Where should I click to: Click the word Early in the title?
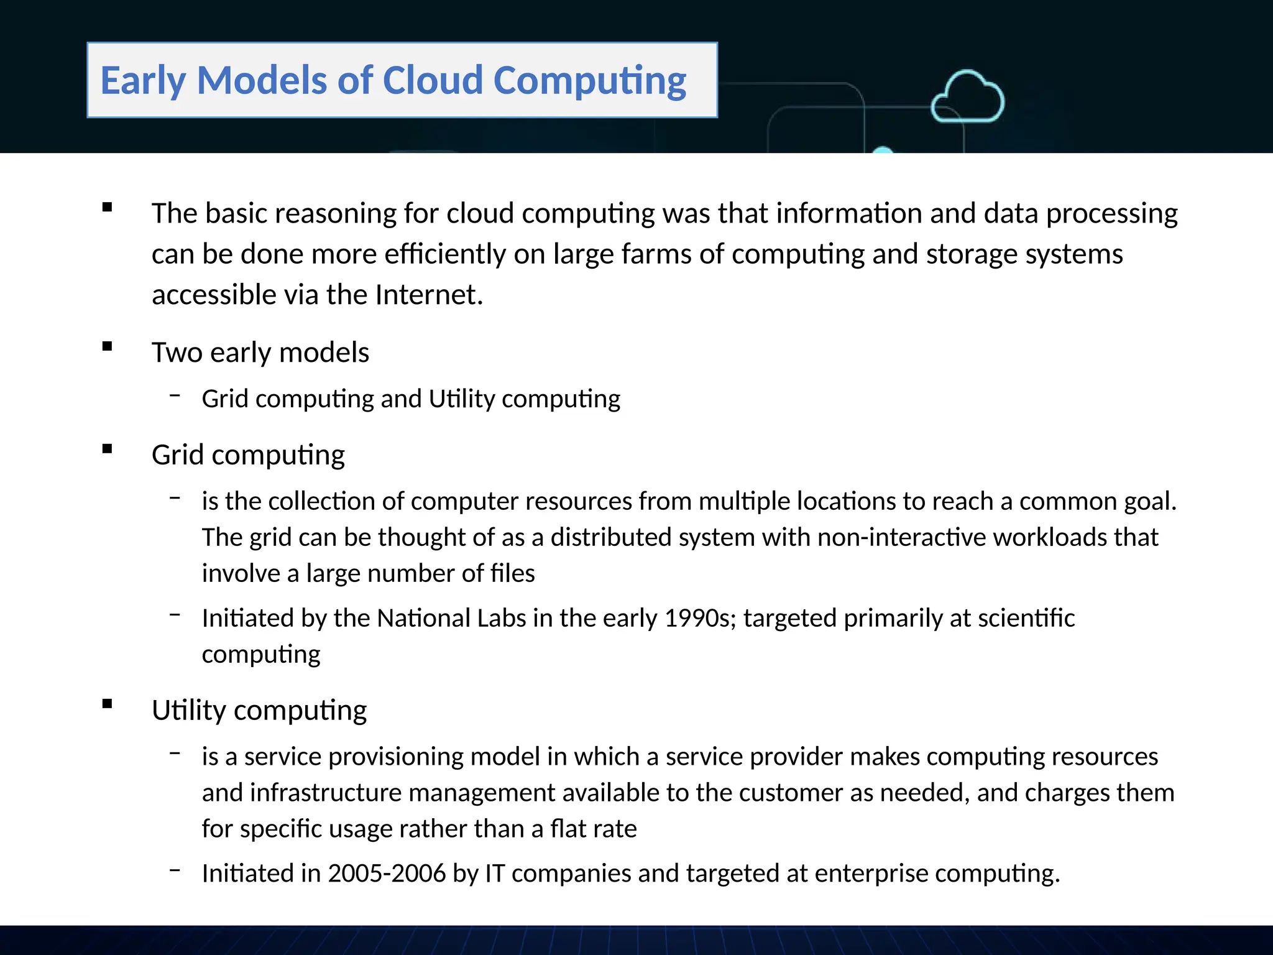point(143,81)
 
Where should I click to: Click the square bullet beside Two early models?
point(108,346)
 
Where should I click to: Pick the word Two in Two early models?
point(177,353)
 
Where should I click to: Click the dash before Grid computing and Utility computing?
point(175,394)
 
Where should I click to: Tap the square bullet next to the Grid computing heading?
point(108,449)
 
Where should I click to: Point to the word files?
point(512,573)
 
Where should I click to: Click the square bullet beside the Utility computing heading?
point(108,704)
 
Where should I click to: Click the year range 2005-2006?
point(387,874)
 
